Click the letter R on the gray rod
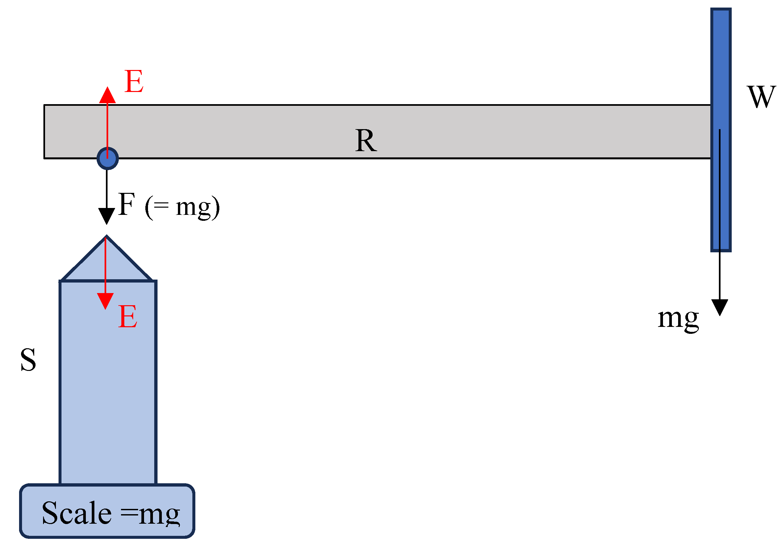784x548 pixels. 366,141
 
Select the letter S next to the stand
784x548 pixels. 28,360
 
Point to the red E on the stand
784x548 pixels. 128,317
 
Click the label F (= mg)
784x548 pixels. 169,206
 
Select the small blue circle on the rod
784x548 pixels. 108,159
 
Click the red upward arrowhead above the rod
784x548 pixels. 107,96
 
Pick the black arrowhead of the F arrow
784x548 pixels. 107,216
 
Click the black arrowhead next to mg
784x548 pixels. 720,307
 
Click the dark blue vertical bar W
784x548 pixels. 721,68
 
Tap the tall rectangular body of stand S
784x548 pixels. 108,392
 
